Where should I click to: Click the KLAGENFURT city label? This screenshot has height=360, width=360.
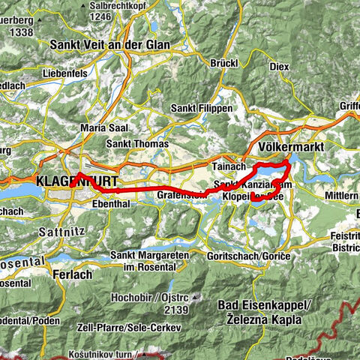(x=67, y=181)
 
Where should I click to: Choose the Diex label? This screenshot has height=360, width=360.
(x=279, y=66)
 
